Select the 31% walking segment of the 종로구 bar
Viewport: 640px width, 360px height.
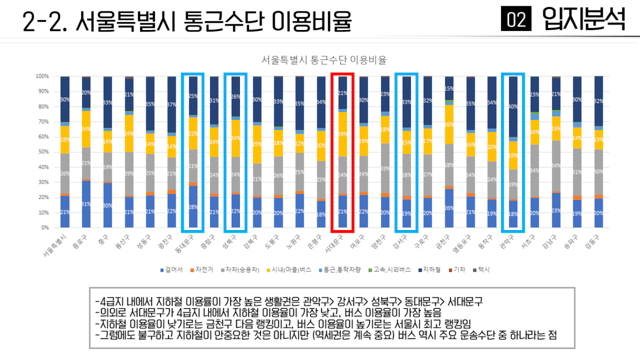pos(86,204)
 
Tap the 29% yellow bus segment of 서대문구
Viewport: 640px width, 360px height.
pos(342,134)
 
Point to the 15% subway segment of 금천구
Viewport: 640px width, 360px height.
pos(449,88)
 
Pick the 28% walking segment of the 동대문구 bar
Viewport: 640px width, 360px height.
pos(194,207)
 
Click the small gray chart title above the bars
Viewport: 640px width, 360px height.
pos(324,59)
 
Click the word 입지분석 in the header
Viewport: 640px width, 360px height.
pos(584,20)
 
